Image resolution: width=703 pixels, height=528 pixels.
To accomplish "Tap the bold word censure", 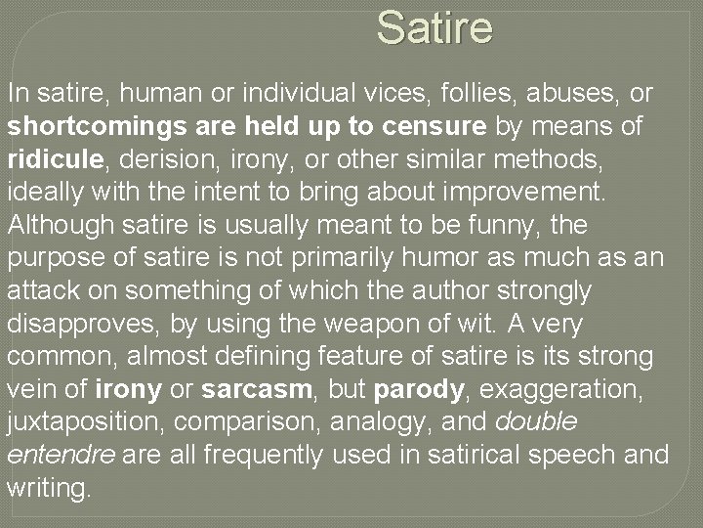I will (436, 127).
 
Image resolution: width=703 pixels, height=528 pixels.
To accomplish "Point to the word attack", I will (39, 290).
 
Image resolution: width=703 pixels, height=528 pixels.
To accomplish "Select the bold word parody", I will (418, 389).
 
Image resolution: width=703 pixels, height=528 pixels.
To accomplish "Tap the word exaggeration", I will (568, 389).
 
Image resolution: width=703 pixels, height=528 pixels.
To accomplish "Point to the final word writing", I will (49, 488).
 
